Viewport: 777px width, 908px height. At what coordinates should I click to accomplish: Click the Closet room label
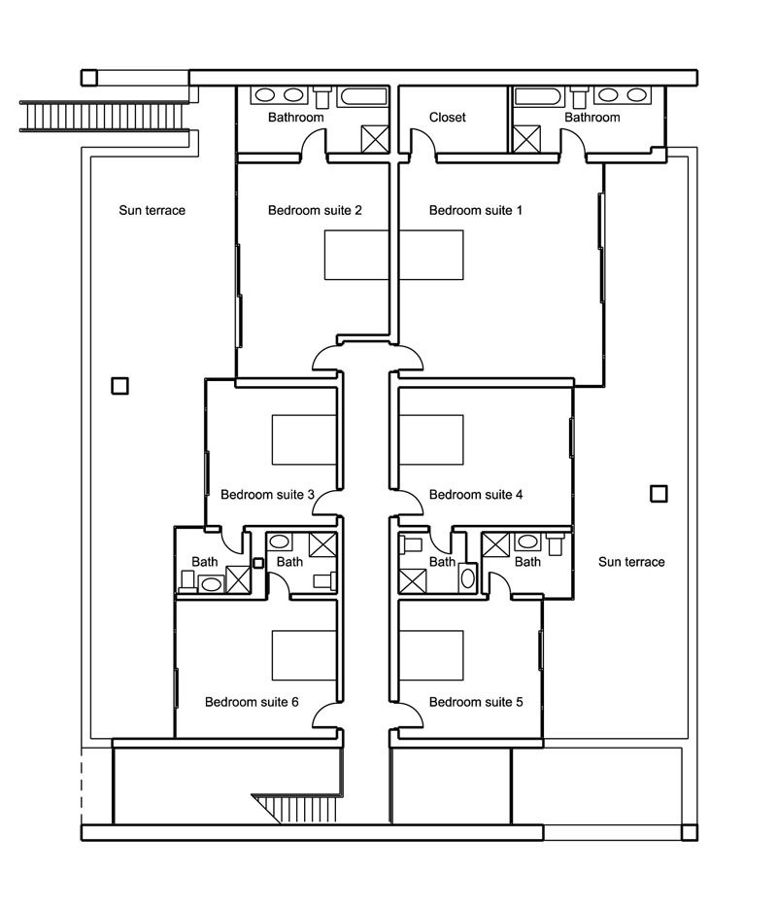click(x=447, y=118)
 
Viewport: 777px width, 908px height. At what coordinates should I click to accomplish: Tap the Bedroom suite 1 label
click(x=476, y=210)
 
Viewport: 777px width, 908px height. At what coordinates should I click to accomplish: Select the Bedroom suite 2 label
click(x=315, y=210)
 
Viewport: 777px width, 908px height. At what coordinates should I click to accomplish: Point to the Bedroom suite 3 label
click(x=267, y=495)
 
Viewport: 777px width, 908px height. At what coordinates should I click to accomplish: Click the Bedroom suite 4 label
click(x=476, y=495)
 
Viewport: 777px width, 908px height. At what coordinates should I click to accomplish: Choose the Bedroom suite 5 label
click(x=476, y=702)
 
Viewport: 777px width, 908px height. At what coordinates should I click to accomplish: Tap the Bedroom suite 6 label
click(x=252, y=702)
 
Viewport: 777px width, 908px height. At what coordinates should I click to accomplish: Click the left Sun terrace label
click(x=152, y=210)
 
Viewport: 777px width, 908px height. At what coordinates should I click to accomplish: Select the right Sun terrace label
click(x=631, y=562)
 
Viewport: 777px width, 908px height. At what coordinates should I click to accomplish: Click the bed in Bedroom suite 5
click(x=431, y=655)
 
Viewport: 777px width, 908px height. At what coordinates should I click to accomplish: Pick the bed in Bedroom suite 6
click(x=304, y=655)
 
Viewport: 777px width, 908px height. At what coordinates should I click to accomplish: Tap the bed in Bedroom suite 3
click(x=304, y=439)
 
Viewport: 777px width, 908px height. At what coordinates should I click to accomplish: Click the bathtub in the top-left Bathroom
click(x=362, y=96)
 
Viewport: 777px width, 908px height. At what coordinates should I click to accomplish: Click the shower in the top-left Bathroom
click(x=374, y=139)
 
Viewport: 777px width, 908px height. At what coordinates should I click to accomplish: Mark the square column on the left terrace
click(x=119, y=386)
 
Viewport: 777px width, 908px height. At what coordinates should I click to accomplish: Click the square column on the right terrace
click(x=659, y=494)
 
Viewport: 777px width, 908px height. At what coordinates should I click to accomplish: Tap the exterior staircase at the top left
click(x=105, y=117)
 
